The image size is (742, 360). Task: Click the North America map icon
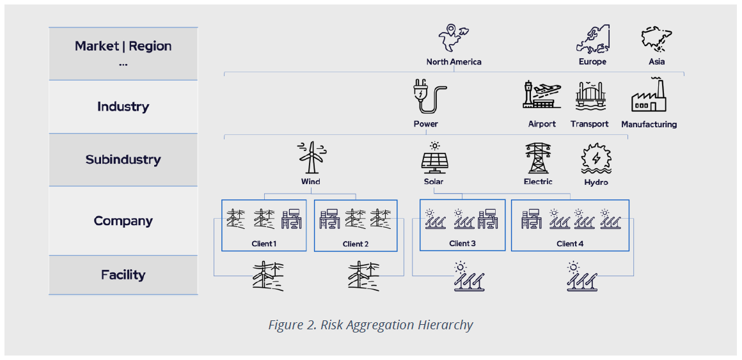[x=454, y=39]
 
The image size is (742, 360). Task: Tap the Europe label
[x=592, y=62]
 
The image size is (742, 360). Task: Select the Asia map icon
[x=656, y=38]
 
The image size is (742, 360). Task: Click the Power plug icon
[x=425, y=97]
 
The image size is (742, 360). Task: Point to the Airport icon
[x=542, y=95]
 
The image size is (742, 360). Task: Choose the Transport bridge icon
[x=590, y=97]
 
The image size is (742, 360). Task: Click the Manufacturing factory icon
[x=649, y=97]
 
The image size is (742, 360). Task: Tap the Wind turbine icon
[x=311, y=157]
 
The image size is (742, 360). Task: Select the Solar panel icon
[x=434, y=157]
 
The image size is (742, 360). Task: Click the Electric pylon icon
[x=537, y=158]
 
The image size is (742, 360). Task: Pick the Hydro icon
[x=596, y=159]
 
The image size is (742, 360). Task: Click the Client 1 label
[x=264, y=244]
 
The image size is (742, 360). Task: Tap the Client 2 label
[x=356, y=244]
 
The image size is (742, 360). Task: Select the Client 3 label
[x=462, y=243]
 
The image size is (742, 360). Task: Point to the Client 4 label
[x=570, y=243]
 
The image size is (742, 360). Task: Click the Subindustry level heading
[x=123, y=160]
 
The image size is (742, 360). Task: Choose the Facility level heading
[x=123, y=275]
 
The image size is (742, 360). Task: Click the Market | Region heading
[x=123, y=46]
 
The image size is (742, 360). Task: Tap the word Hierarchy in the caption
[x=440, y=325]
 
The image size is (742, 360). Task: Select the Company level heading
[x=123, y=221]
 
